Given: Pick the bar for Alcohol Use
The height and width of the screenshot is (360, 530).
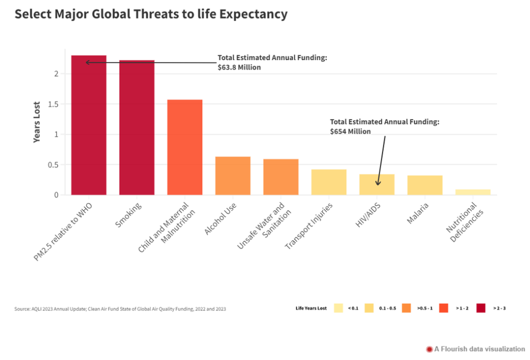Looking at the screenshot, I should pyautogui.click(x=233, y=175).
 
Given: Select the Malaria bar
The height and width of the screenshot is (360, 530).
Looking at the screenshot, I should pyautogui.click(x=425, y=185).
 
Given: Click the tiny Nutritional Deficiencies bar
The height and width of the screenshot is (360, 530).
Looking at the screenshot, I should pyautogui.click(x=473, y=192).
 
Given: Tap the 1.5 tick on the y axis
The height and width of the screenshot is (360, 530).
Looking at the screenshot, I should pyautogui.click(x=53, y=104).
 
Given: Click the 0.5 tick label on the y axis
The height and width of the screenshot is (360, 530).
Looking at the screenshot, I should pyautogui.click(x=53, y=165).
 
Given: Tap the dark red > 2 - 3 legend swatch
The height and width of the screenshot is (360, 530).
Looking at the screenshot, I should pyautogui.click(x=481, y=308).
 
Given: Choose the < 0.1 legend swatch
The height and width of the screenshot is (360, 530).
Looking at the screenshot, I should pyautogui.click(x=338, y=308).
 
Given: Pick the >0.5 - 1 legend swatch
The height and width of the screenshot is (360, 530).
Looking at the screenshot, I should pyautogui.click(x=407, y=308).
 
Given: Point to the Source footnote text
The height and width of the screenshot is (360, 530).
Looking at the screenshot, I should pyautogui.click(x=120, y=309).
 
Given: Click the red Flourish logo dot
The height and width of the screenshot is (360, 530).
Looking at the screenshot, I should pyautogui.click(x=429, y=349).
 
